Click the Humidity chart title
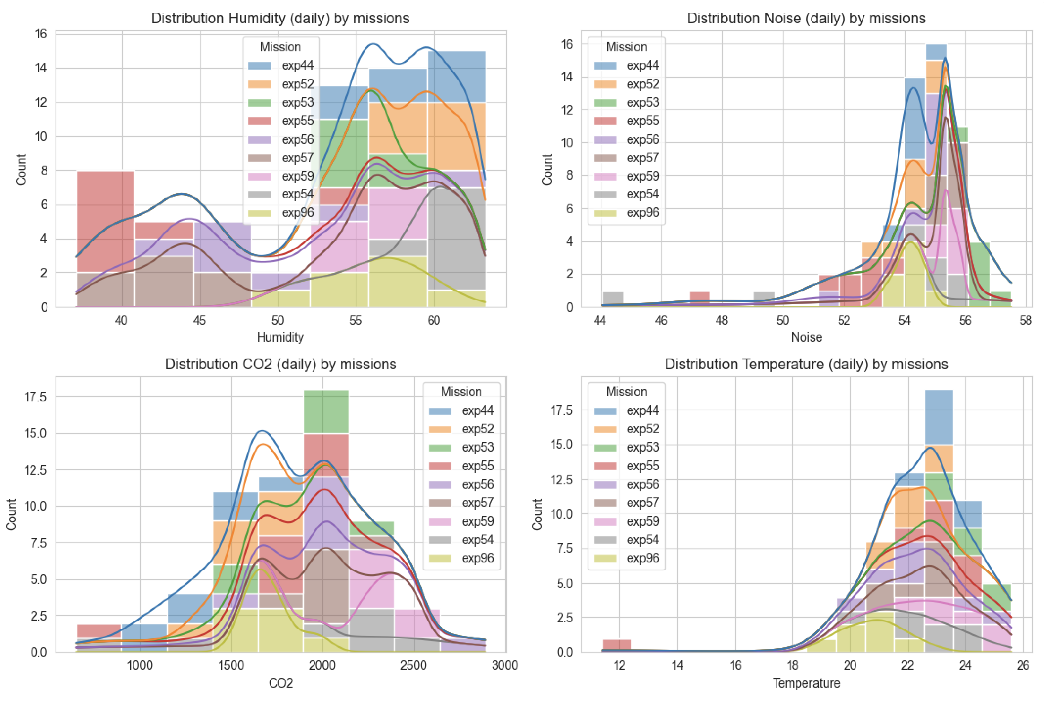coord(280,18)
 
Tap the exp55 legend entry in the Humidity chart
coord(282,121)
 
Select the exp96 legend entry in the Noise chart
coord(627,213)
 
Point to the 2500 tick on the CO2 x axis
coord(413,666)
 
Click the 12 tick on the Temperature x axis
coord(620,666)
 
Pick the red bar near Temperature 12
coord(617,645)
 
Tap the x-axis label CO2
coord(280,683)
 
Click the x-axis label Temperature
coord(806,683)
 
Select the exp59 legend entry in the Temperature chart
coord(627,521)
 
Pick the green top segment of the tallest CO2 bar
coord(326,412)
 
